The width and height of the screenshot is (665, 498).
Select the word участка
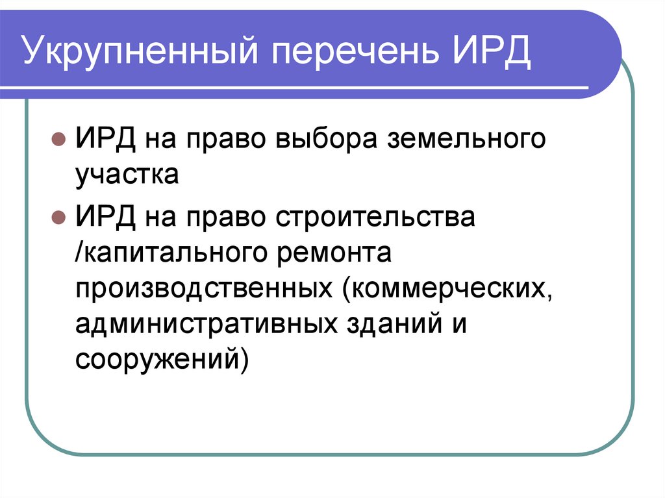[127, 175]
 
